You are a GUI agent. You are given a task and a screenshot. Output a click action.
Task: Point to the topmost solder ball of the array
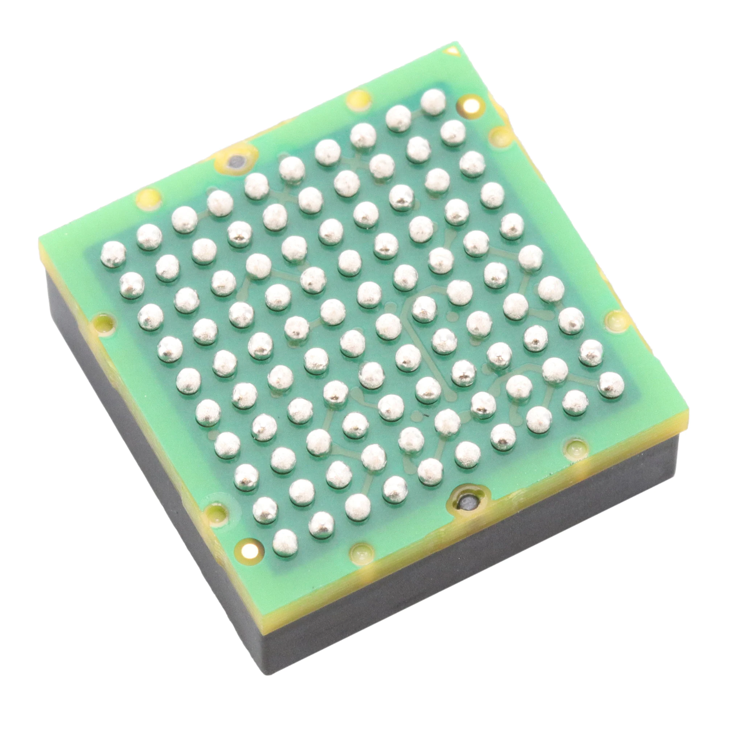pyautogui.click(x=433, y=102)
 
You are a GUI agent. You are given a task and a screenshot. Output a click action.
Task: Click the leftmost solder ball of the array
pyautogui.click(x=113, y=254)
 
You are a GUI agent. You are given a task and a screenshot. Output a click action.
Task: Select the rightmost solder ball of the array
pyautogui.click(x=611, y=385)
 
